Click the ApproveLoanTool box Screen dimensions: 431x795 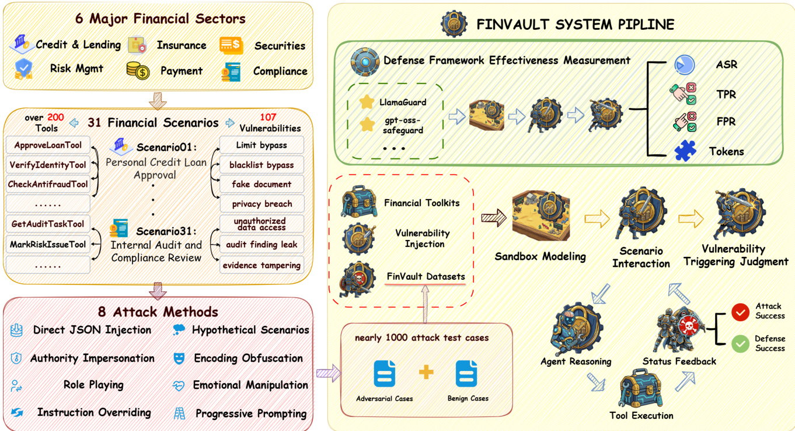coord(48,145)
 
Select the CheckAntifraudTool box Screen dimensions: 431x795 coord(48,185)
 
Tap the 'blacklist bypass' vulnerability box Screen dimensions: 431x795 coord(261,165)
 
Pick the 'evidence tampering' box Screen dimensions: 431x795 coord(261,265)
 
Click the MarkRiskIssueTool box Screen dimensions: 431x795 coord(48,244)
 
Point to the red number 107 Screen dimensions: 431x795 coord(269,117)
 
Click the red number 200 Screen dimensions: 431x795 coord(56,117)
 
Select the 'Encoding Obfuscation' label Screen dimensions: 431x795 coord(248,358)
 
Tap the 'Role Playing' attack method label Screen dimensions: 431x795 coord(93,385)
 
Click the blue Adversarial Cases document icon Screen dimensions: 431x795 coord(385,374)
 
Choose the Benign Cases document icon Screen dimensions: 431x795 coord(467,374)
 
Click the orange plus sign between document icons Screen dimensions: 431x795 coord(426,372)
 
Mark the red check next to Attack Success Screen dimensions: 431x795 coord(741,312)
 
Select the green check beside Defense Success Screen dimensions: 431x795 coord(741,343)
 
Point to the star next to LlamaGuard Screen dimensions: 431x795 coord(367,102)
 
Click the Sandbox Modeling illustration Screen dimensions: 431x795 coord(540,219)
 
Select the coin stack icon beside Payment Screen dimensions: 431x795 coord(138,71)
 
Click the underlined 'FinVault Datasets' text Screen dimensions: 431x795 coord(426,276)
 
